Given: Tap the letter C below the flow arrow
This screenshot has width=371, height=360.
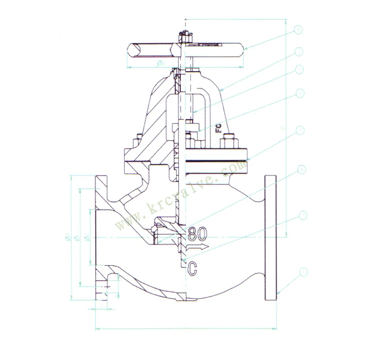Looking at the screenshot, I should (x=192, y=267).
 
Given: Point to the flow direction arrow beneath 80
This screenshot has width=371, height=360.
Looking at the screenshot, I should (x=199, y=249).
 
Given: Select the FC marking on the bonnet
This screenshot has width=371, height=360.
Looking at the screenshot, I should (x=218, y=127).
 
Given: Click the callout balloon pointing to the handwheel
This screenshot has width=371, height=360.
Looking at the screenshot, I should (x=298, y=30).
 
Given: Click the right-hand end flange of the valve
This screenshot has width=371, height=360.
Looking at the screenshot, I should (x=271, y=237).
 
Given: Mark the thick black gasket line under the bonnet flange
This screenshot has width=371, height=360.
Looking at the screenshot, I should (x=216, y=161).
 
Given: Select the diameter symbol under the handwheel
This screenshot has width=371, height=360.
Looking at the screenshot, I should (x=158, y=63).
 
